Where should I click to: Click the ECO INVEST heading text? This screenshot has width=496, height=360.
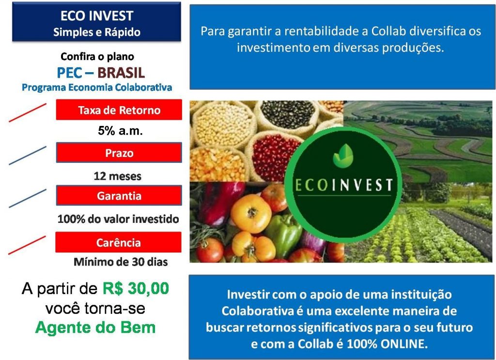(97, 16)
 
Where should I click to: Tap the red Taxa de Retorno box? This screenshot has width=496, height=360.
(119, 110)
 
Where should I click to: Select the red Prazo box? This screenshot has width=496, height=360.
(119, 153)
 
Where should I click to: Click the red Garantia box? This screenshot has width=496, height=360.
(119, 195)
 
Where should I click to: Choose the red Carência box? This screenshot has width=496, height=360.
(118, 242)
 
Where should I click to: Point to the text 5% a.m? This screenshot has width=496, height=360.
(120, 131)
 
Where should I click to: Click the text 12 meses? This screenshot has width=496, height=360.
(117, 176)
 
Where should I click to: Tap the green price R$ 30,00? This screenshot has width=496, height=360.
(136, 288)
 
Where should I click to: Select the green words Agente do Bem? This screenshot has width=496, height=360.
(95, 328)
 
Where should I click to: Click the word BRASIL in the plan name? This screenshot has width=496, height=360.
(121, 73)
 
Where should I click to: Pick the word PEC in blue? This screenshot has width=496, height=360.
(70, 73)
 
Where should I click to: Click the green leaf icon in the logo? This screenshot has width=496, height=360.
(343, 155)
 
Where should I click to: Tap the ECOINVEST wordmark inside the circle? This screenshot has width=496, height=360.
(343, 185)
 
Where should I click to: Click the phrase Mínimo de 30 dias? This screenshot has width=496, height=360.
(121, 262)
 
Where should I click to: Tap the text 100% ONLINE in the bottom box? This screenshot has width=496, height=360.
(387, 344)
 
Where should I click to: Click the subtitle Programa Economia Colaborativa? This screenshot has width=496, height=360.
(97, 87)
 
